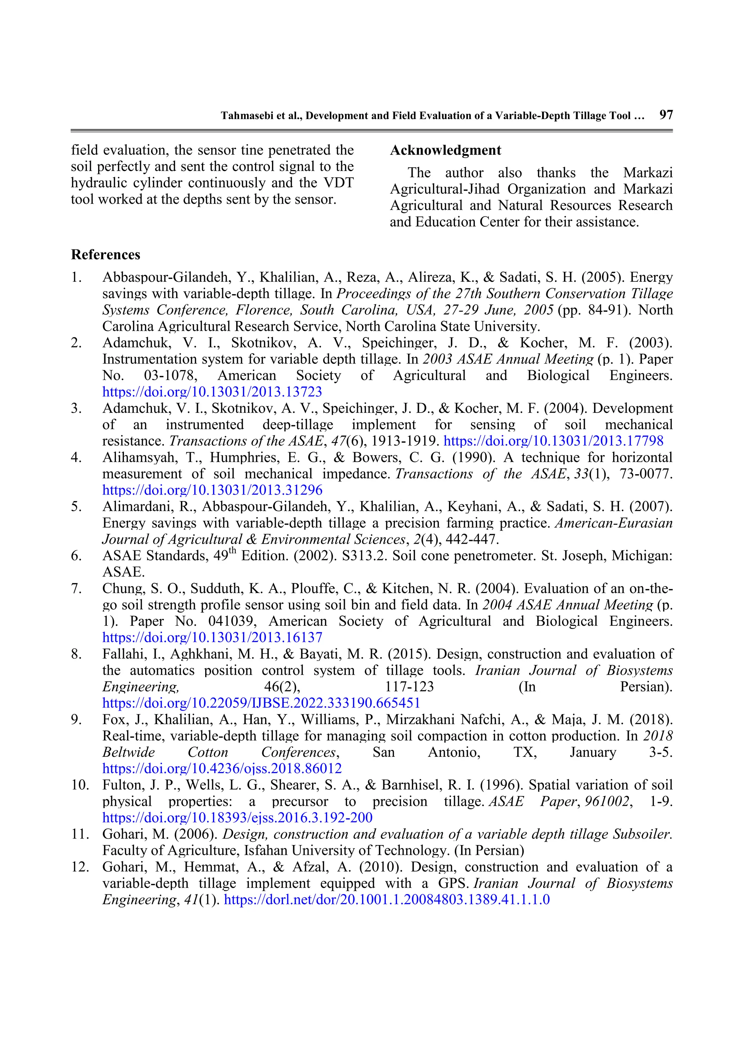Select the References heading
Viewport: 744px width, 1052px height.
(105, 255)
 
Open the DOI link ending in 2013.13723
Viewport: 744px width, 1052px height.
(212, 392)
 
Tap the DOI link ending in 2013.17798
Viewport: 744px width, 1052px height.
(553, 441)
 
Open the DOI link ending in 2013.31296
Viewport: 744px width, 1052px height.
(212, 490)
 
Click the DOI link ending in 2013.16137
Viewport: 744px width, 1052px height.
(212, 637)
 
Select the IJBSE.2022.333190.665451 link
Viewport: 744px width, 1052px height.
(261, 703)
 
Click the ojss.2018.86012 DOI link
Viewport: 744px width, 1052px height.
(222, 768)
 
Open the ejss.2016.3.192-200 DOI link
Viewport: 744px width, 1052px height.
(237, 817)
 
